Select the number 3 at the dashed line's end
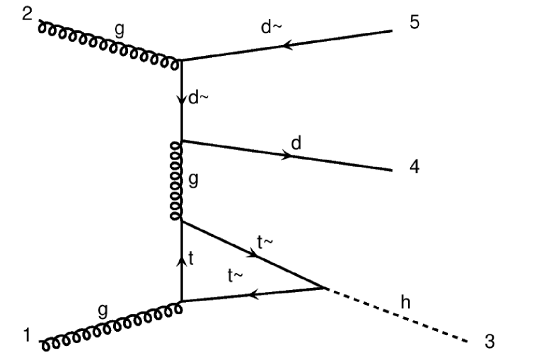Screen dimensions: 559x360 490,342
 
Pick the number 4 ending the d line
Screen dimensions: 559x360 414,166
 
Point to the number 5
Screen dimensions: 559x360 414,22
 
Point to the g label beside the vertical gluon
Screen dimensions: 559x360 193,181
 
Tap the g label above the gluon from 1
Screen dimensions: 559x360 102,310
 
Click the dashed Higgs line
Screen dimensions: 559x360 397,316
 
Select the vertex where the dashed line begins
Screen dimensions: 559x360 325,288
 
